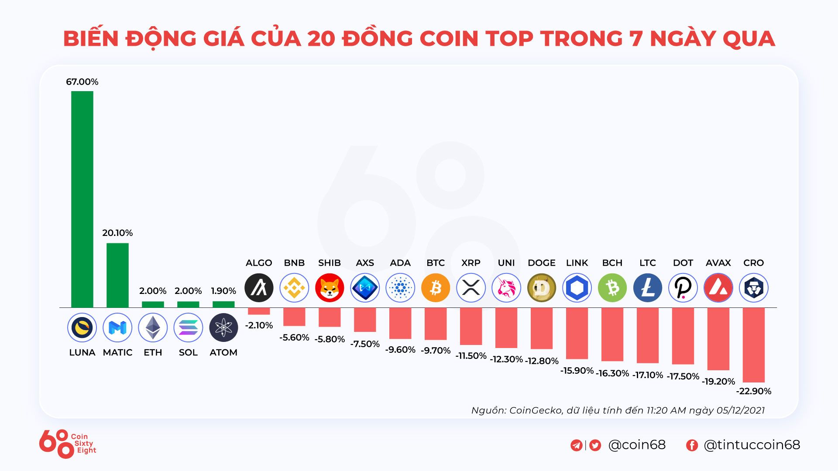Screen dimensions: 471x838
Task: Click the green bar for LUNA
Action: [82, 199]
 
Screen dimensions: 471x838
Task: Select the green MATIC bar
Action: [117, 275]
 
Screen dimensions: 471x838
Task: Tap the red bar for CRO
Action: [753, 345]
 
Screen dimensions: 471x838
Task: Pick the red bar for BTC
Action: [436, 324]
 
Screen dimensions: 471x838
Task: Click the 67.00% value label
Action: [82, 82]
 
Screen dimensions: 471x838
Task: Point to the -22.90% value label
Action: [754, 391]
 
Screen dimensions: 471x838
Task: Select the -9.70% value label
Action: [436, 351]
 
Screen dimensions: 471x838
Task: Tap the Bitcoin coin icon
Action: [436, 288]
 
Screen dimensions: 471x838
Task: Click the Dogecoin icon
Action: [542, 288]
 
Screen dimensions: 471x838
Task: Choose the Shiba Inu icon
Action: [330, 288]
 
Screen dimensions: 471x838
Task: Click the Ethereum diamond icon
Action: [153, 328]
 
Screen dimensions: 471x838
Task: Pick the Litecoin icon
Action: [648, 288]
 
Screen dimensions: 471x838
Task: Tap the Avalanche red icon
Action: [718, 288]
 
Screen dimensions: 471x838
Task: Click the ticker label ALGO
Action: [259, 263]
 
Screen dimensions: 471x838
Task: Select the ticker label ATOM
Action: [223, 352]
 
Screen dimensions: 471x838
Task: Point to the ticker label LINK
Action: [577, 263]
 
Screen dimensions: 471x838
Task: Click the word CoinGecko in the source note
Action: [536, 410]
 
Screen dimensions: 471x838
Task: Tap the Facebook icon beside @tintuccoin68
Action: [692, 445]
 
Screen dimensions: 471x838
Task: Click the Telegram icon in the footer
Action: [576, 445]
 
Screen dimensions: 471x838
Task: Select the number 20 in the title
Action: [321, 38]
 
